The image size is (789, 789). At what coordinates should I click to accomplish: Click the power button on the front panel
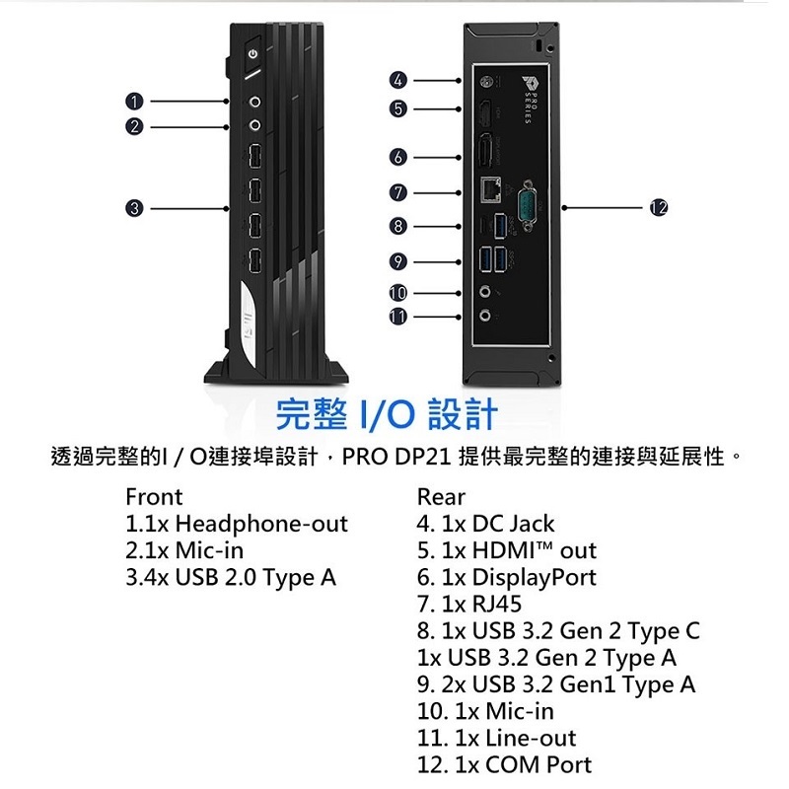pos(252,54)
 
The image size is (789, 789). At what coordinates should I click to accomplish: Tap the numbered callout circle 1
pos(134,102)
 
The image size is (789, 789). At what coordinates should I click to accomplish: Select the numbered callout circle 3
pos(134,208)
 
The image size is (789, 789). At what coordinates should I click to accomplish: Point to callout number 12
pos(659,207)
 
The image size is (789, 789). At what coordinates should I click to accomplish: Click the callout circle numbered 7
pos(398,192)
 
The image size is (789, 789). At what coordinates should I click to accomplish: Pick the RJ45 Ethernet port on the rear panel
pos(490,189)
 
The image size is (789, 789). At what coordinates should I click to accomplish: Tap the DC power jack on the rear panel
pos(487,81)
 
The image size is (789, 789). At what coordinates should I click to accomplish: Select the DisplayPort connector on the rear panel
pos(486,149)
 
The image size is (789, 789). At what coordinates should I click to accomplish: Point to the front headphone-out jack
pos(255,103)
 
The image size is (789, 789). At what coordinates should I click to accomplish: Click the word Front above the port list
pos(154,497)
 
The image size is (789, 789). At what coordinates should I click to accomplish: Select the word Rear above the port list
pos(441,497)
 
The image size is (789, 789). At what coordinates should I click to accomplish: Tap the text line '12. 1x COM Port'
pos(504,764)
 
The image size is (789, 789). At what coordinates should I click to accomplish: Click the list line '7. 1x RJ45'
pos(469,604)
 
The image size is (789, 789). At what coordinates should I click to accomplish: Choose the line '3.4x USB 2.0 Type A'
pos(231,577)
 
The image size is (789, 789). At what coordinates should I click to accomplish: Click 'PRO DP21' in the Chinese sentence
pos(396,457)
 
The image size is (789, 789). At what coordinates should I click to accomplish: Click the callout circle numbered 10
pos(398,293)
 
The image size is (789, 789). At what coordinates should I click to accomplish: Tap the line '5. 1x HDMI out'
pos(507,550)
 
